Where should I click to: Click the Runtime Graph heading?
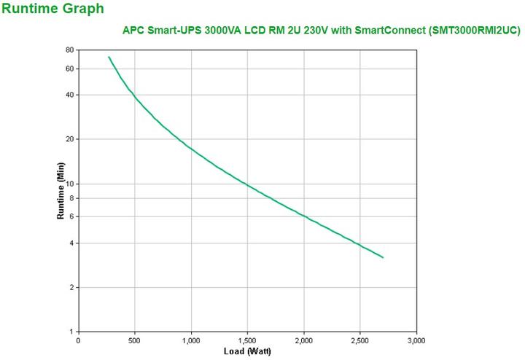[x=53, y=9]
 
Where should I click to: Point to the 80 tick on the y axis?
[x=69, y=50]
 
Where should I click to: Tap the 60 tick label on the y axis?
[x=69, y=69]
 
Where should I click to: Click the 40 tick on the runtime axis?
[x=69, y=95]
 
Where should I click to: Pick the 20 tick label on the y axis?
[x=69, y=139]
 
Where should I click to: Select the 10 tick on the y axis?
[x=69, y=184]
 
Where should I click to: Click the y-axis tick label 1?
[x=71, y=332]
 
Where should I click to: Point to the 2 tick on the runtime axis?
[x=71, y=287]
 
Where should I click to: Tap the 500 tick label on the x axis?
[x=134, y=340]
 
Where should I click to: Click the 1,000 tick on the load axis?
[x=190, y=340]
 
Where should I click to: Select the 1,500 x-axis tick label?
[x=247, y=340]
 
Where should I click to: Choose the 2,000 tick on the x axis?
[x=303, y=340]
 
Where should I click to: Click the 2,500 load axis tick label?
[x=359, y=340]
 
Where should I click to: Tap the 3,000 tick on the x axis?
[x=416, y=340]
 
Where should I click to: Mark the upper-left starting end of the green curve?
[x=109, y=57]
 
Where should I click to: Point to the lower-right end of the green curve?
[x=383, y=257]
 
